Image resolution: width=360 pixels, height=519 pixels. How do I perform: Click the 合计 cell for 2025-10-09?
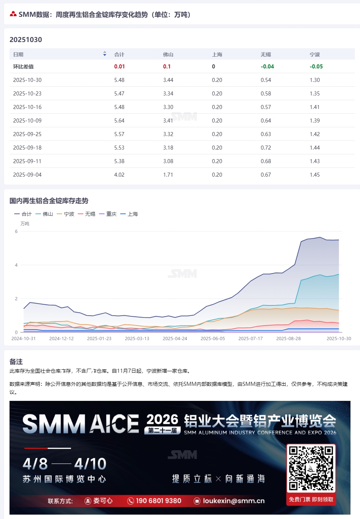pyautogui.click(x=119, y=121)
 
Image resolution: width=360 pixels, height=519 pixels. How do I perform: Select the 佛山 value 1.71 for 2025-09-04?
pyautogui.click(x=168, y=175)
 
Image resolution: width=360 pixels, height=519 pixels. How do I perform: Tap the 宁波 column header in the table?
pyautogui.click(x=315, y=54)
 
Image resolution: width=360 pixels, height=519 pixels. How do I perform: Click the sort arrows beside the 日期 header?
pyautogui.click(x=105, y=54)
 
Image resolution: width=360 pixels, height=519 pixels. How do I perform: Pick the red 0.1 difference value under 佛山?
pyautogui.click(x=167, y=67)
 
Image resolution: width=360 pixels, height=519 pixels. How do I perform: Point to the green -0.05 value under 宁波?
pyautogui.click(x=316, y=67)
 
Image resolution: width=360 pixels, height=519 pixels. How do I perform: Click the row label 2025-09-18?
pyautogui.click(x=27, y=148)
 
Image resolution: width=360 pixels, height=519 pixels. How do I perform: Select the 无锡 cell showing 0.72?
pyautogui.click(x=266, y=148)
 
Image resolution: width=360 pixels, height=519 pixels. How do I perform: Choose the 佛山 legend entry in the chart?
pyautogui.click(x=44, y=214)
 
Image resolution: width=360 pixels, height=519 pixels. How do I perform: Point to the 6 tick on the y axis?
pyautogui.click(x=16, y=232)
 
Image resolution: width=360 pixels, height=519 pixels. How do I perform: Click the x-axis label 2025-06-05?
pyautogui.click(x=213, y=339)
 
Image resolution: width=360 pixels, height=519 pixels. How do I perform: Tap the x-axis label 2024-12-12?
pyautogui.click(x=61, y=339)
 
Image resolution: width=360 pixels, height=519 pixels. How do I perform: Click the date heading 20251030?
pyautogui.click(x=26, y=40)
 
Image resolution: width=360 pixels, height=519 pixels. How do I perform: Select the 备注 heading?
pyautogui.click(x=16, y=362)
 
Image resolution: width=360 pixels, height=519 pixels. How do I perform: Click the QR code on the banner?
pyautogui.click(x=311, y=468)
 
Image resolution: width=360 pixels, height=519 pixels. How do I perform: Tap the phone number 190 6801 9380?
pyautogui.click(x=158, y=501)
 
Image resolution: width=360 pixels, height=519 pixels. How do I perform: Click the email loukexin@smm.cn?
pyautogui.click(x=233, y=501)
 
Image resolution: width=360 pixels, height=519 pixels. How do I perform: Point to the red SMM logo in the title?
pyautogui.click(x=13, y=14)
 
